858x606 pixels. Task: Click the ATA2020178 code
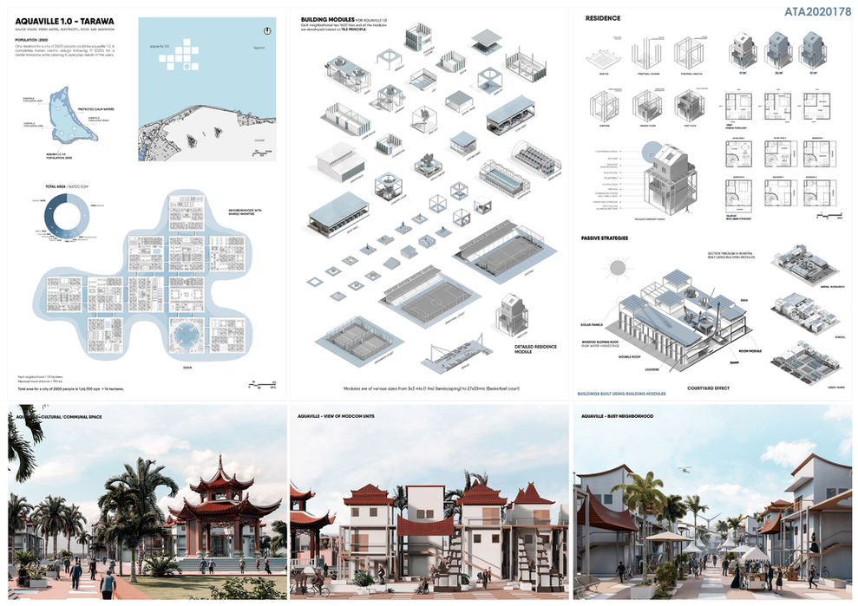pyautogui.click(x=817, y=12)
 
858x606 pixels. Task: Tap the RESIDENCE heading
pyautogui.click(x=603, y=18)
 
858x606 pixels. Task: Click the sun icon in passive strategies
pyautogui.click(x=619, y=268)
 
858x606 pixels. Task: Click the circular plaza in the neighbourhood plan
pyautogui.click(x=188, y=333)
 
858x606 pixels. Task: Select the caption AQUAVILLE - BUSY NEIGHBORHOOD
pyautogui.click(x=617, y=415)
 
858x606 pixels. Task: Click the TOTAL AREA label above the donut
pyautogui.click(x=62, y=186)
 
